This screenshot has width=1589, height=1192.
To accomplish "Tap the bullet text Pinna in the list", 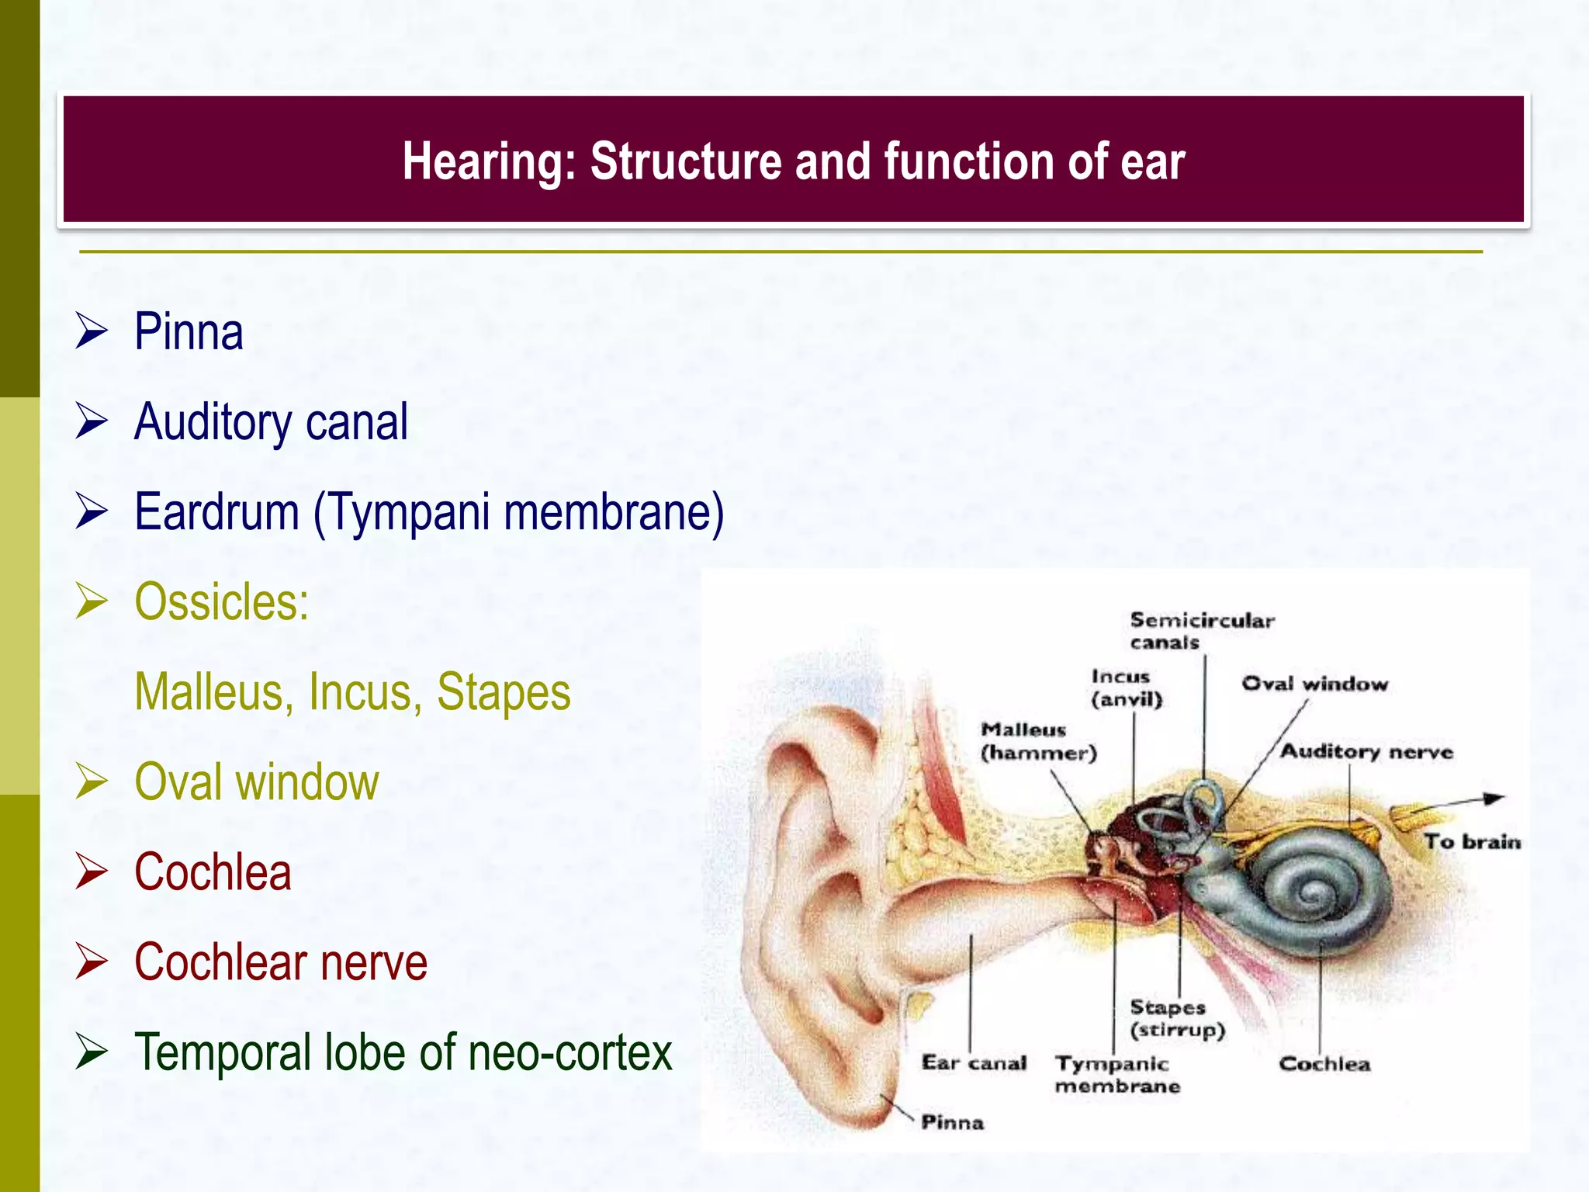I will (x=189, y=332).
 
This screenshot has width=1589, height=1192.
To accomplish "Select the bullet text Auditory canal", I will (x=271, y=422).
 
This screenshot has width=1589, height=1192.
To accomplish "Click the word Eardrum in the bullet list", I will (x=216, y=512).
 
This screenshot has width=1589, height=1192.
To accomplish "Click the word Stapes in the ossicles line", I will (x=503, y=692).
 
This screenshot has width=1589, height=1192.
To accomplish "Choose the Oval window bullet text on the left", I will (x=256, y=781).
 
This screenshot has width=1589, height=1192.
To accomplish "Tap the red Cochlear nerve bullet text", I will (x=280, y=962).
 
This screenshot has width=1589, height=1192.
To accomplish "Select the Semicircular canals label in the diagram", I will (x=1201, y=631).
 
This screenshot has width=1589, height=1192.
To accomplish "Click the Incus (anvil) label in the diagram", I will (x=1126, y=688).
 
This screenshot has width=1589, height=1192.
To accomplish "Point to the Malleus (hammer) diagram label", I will (x=1037, y=741).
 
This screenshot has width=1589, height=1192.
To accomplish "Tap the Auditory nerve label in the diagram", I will (x=1366, y=751).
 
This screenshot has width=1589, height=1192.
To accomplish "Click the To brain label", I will (x=1472, y=842).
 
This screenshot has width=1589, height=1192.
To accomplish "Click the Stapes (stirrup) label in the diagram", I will (x=1176, y=1018).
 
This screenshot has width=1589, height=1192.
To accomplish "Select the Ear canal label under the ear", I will (x=974, y=1062).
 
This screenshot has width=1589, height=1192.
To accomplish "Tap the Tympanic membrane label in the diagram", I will (x=1116, y=1075).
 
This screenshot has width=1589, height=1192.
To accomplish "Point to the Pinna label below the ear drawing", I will (x=952, y=1122).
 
